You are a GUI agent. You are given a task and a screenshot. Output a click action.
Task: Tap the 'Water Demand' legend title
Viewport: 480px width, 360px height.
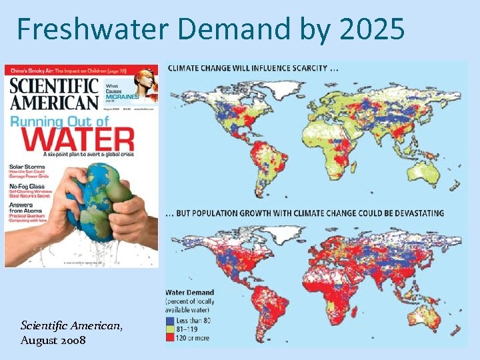pyautogui.click(x=190, y=292)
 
